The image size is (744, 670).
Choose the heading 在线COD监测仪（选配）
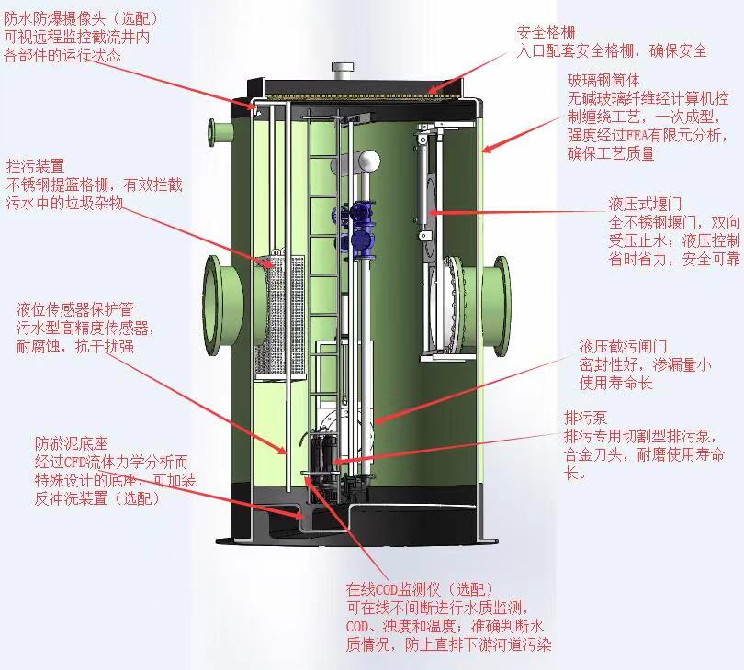pos(420,588)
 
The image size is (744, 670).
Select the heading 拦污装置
pos(35,166)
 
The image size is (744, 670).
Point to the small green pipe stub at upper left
pos(220,134)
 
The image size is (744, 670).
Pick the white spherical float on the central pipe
pos(368,162)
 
